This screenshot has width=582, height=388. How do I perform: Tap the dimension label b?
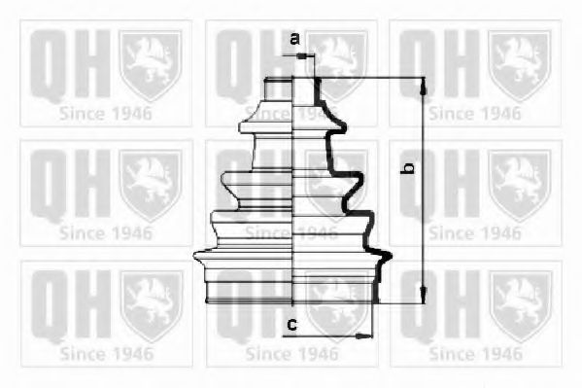click(x=410, y=169)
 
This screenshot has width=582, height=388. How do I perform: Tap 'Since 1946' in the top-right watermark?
click(x=475, y=112)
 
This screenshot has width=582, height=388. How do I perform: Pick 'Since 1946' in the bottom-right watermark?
click(x=475, y=353)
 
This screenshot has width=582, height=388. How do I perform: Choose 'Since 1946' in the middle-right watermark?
click(x=475, y=232)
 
